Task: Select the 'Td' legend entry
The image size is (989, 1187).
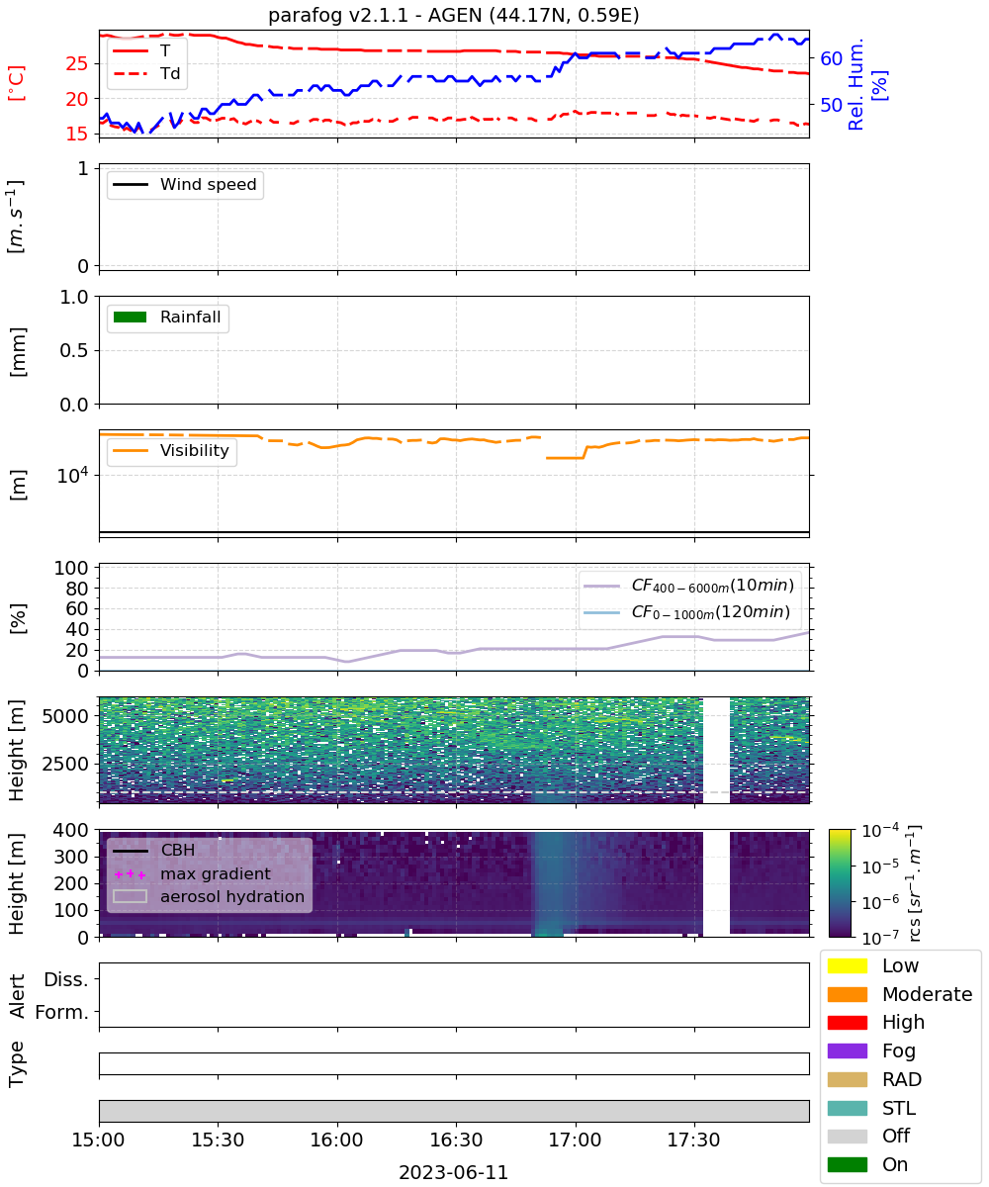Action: pos(147,74)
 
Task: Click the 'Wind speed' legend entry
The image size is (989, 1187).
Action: pos(185,184)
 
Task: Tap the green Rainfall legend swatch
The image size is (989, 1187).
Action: pos(131,318)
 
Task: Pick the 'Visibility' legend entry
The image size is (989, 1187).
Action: pos(170,450)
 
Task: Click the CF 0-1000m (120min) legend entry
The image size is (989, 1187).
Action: pos(686,612)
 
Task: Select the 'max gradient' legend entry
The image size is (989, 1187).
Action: pos(192,873)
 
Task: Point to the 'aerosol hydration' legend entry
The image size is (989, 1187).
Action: pos(209,896)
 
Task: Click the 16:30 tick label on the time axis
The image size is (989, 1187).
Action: pos(456,1140)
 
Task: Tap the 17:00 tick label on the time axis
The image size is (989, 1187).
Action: pos(575,1140)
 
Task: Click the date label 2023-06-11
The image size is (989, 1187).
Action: pos(454,1172)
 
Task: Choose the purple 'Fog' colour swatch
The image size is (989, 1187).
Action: pos(847,1050)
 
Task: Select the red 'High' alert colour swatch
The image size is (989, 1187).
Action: pos(847,1022)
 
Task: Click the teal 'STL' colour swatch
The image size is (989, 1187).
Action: pos(847,1108)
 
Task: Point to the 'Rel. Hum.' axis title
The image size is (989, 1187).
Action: pos(855,85)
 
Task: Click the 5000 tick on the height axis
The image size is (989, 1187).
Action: pos(65,716)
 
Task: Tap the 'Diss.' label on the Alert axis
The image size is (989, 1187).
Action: pos(66,979)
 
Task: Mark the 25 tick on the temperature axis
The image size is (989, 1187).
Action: pos(77,63)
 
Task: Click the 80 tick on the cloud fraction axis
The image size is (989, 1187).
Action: pos(77,589)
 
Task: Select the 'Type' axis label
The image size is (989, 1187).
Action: pos(16,1063)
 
